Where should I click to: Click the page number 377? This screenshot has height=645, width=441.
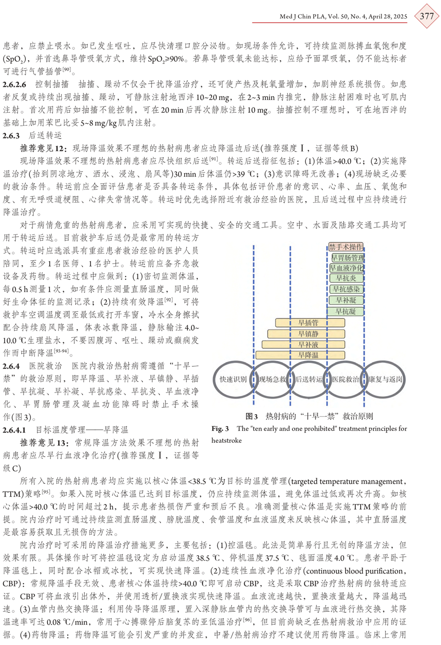(x=426, y=16)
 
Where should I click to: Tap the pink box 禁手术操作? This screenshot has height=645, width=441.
(x=346, y=247)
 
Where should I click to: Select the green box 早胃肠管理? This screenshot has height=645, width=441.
(x=348, y=258)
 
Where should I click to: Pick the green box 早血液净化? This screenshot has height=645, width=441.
(x=346, y=268)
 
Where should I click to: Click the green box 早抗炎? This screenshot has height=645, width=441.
(x=346, y=278)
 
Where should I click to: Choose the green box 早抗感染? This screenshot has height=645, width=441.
(x=346, y=289)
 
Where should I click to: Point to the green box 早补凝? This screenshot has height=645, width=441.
(x=346, y=300)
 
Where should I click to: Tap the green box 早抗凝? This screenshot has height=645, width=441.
(x=346, y=312)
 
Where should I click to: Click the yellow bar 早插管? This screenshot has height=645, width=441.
(x=310, y=323)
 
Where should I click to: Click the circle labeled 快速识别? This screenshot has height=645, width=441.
(x=233, y=380)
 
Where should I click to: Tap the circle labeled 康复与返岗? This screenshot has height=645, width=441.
(x=385, y=380)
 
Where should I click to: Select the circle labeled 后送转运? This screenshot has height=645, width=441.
(x=309, y=380)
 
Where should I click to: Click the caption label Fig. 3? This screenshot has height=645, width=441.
(x=220, y=429)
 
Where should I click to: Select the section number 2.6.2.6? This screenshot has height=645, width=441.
(x=14, y=84)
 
